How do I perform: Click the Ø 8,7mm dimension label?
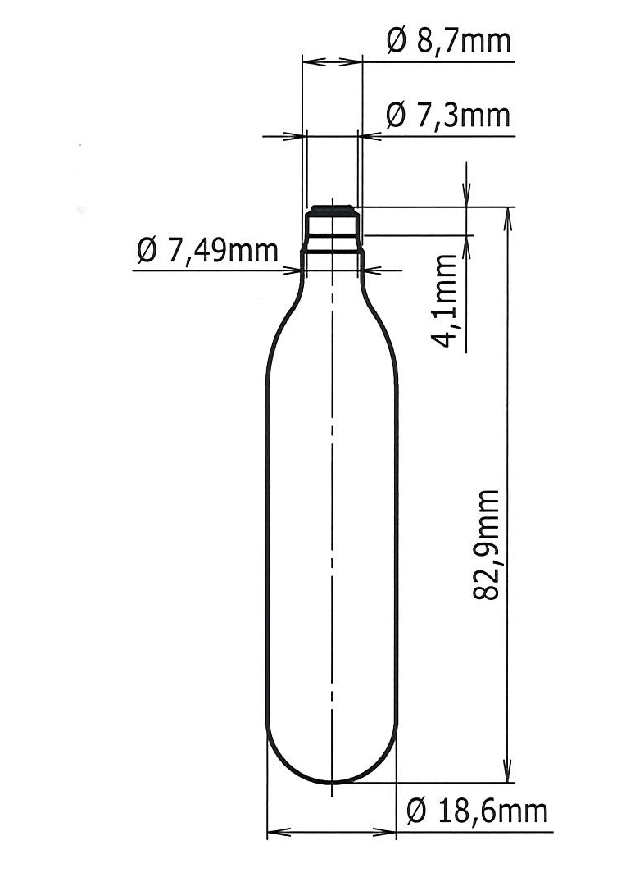447,41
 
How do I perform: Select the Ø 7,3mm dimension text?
447,116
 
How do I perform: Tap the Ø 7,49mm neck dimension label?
208,252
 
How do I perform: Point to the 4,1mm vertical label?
446,302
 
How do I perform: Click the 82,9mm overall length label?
488,544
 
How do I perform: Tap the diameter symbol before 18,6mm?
417,811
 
